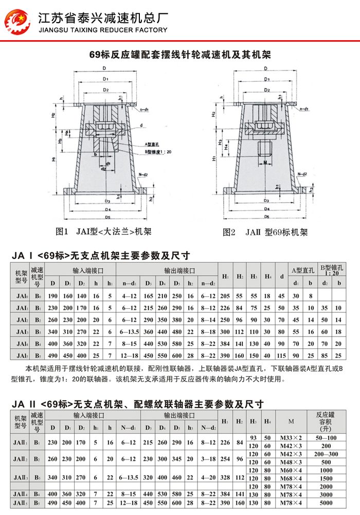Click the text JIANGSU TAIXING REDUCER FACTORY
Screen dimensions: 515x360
[103, 30]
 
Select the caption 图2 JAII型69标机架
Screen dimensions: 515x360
[265, 232]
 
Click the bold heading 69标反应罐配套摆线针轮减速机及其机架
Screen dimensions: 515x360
[180, 54]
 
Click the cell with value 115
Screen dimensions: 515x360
[281, 356]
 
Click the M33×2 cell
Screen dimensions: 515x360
[291, 437]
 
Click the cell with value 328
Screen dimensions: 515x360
[225, 477]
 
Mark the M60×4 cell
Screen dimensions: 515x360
[291, 470]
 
